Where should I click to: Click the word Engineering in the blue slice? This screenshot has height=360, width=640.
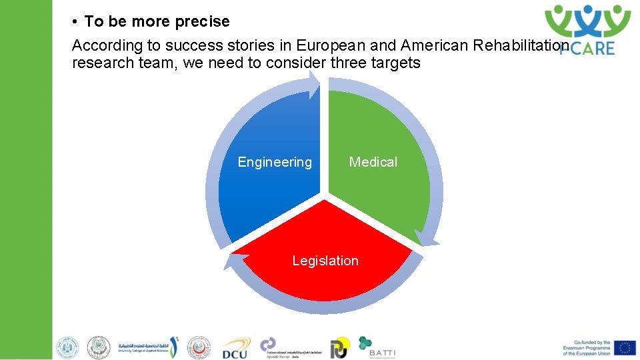275,162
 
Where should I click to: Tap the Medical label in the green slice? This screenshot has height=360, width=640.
373,162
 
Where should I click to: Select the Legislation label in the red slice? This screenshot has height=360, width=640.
325,261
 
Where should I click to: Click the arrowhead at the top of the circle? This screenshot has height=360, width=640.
314,84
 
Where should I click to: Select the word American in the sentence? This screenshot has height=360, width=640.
434,45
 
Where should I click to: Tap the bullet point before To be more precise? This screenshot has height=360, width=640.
77,22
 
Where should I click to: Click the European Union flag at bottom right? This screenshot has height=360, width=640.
625,347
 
